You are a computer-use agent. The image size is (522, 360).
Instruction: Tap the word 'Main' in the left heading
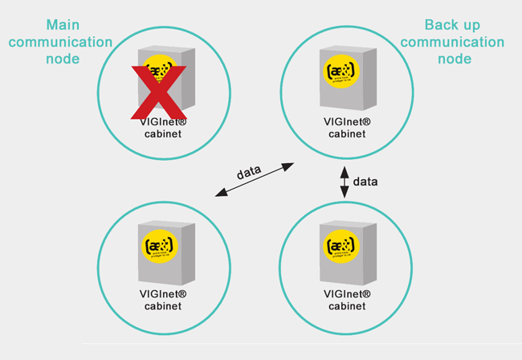(x=63, y=25)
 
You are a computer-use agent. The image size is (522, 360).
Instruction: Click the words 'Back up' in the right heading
(x=451, y=25)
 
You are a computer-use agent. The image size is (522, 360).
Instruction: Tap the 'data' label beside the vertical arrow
(x=365, y=182)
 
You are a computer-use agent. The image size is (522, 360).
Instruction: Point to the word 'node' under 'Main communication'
(x=63, y=59)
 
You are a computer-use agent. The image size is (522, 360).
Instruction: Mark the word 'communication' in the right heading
(x=452, y=42)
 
